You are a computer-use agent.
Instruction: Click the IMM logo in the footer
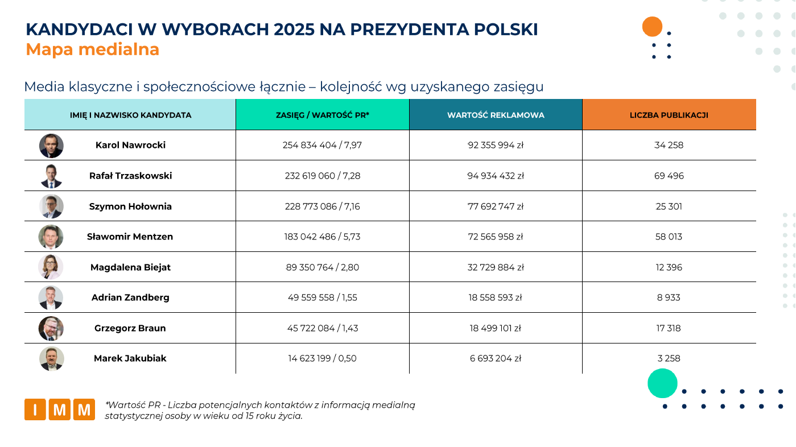pyautogui.click(x=59, y=409)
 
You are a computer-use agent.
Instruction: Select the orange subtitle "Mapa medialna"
pyautogui.click(x=93, y=49)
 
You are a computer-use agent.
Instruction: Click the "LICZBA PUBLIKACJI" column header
pyautogui.click(x=669, y=115)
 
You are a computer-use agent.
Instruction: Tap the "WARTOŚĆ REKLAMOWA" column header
pyautogui.click(x=496, y=115)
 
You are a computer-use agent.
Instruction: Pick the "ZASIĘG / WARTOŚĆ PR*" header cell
pyautogui.click(x=322, y=115)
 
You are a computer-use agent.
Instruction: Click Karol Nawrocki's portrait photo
pyautogui.click(x=51, y=146)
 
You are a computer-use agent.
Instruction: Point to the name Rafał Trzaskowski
pyautogui.click(x=130, y=176)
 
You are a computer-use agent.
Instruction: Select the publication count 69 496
pyautogui.click(x=669, y=176)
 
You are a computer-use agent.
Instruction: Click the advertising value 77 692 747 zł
pyautogui.click(x=496, y=206)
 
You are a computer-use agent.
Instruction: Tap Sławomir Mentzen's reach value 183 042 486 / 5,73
pyautogui.click(x=322, y=237)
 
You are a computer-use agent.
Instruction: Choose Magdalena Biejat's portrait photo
pyautogui.click(x=51, y=267)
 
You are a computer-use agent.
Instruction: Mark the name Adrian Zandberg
pyautogui.click(x=130, y=297)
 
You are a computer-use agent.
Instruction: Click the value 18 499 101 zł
pyautogui.click(x=496, y=328)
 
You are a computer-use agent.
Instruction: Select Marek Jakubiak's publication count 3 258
pyautogui.click(x=669, y=358)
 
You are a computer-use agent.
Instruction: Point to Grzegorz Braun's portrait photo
pyautogui.click(x=51, y=328)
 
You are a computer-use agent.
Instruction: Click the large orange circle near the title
pyautogui.click(x=652, y=27)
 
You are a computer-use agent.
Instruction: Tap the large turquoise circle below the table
pyautogui.click(x=662, y=383)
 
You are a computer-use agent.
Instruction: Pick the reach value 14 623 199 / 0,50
pyautogui.click(x=322, y=358)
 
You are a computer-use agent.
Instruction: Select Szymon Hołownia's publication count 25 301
pyautogui.click(x=669, y=206)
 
